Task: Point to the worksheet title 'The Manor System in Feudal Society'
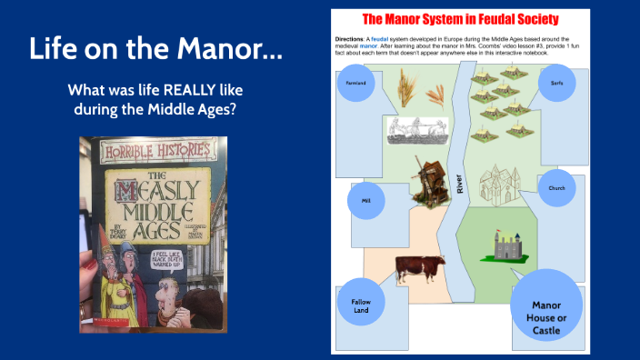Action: [x=460, y=19]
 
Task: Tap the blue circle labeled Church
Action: [x=556, y=188]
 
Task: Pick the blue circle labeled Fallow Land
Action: [x=361, y=303]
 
